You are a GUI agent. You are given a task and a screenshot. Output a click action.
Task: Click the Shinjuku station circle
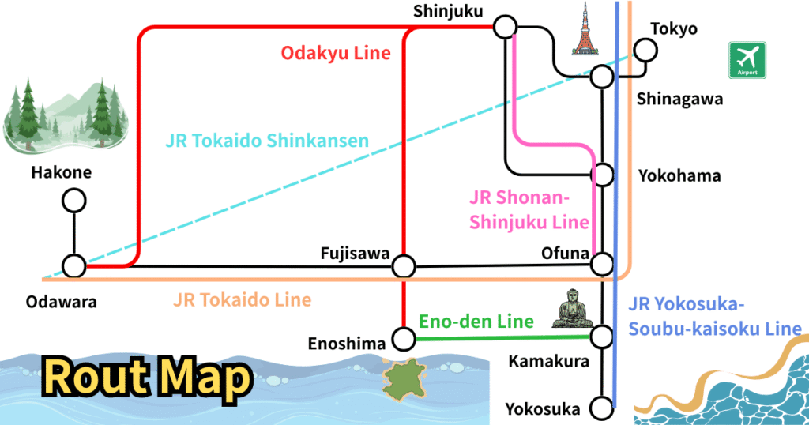(504, 28)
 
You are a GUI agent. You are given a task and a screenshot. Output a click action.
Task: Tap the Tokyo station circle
(646, 51)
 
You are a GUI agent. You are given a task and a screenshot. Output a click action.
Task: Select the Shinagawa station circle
(602, 77)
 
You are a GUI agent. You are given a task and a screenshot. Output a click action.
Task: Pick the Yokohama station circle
(602, 174)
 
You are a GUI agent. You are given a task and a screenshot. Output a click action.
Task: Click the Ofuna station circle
(602, 263)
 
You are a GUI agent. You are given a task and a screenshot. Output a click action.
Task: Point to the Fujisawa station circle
(404, 265)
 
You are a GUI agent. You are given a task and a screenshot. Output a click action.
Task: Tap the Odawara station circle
(74, 266)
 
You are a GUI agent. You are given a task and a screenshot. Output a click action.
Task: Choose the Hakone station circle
(74, 201)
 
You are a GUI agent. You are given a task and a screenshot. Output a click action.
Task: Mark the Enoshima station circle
(404, 340)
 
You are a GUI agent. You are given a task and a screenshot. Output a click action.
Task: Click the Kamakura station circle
(602, 336)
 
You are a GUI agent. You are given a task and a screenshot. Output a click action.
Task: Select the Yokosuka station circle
(602, 409)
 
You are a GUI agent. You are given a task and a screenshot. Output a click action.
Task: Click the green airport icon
(747, 60)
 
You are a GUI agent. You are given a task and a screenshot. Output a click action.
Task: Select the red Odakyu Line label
(336, 54)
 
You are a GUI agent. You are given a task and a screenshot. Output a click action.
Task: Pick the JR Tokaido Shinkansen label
(267, 141)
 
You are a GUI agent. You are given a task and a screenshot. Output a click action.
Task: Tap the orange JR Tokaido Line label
(242, 300)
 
